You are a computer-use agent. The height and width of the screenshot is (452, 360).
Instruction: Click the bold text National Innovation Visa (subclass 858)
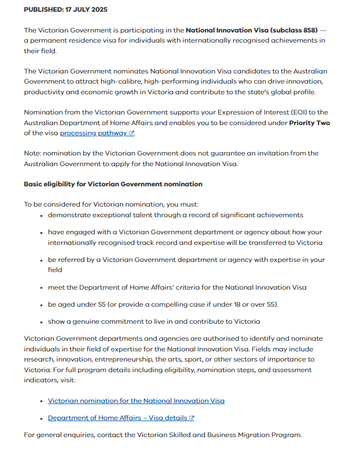[251, 30]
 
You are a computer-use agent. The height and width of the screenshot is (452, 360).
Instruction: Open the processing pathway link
[93, 133]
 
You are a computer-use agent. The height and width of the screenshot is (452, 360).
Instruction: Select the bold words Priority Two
[309, 123]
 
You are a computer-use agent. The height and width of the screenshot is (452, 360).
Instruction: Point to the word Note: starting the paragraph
[34, 153]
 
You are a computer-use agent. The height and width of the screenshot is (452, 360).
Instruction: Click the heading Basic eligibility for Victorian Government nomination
[113, 184]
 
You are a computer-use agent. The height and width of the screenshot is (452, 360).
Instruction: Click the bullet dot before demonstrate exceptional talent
[42, 216]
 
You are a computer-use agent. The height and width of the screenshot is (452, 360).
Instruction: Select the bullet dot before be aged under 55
[42, 305]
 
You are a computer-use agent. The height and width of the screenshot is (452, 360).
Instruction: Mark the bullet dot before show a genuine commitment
[42, 322]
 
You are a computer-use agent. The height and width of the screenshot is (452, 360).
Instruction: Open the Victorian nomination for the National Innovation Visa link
[136, 401]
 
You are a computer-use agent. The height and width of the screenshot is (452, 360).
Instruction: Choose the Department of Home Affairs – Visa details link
[117, 418]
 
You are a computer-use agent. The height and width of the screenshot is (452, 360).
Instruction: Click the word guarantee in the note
[223, 153]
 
